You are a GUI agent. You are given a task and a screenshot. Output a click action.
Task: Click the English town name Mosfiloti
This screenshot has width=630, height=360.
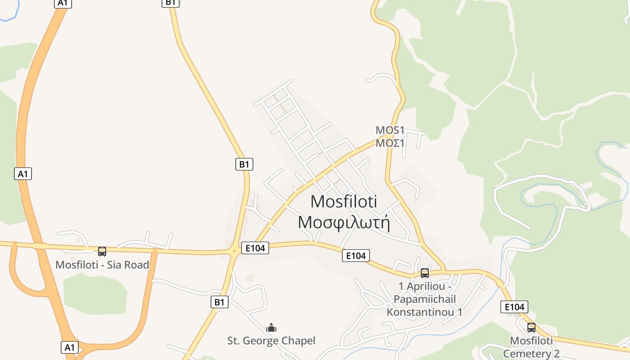click(344, 202)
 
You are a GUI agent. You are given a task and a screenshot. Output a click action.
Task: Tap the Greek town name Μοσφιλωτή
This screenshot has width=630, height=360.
click(344, 222)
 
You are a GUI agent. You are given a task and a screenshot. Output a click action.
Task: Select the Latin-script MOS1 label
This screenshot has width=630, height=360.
click(390, 130)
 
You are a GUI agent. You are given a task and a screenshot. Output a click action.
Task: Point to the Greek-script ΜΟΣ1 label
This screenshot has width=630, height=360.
click(390, 143)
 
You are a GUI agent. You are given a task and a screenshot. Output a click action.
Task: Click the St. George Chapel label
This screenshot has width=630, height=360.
click(271, 341)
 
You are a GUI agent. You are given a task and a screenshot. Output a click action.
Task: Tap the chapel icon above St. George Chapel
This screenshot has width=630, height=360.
click(271, 328)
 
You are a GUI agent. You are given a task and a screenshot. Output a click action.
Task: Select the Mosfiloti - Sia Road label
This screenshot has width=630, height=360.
click(102, 265)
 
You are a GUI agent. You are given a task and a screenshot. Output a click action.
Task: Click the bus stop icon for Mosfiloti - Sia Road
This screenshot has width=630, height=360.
click(102, 251)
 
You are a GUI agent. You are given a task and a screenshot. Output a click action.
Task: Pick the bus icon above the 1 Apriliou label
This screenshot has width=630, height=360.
click(424, 273)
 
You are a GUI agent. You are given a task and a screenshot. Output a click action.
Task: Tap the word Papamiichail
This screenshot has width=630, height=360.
click(425, 299)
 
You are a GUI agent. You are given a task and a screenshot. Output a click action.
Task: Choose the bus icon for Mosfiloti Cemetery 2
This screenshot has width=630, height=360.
click(531, 327)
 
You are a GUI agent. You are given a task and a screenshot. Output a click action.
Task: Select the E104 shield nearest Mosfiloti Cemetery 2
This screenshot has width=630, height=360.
click(514, 307)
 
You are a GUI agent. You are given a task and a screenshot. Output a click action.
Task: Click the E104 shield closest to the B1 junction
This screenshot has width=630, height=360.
click(255, 247)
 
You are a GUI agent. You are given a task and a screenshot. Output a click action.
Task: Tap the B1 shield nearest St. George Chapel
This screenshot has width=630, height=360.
click(219, 301)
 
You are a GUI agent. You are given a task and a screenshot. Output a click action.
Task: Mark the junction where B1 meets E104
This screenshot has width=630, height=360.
click(234, 251)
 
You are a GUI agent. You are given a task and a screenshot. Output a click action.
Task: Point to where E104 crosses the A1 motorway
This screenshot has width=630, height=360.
click(40, 246)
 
